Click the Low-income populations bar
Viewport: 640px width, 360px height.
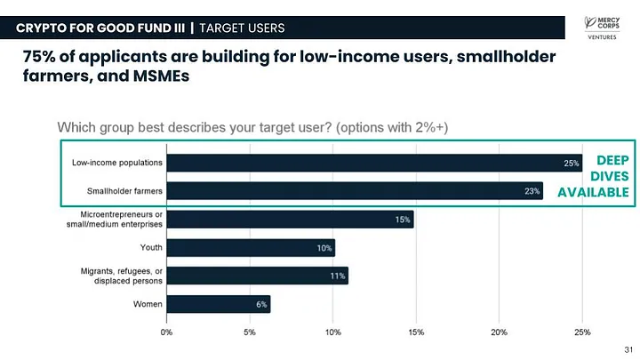[x=374, y=163]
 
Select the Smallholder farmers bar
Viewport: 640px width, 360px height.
[x=355, y=191]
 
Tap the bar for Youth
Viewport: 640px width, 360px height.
[x=251, y=248]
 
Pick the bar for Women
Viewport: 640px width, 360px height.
[x=219, y=304]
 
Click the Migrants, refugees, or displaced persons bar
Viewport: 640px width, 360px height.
[x=258, y=276]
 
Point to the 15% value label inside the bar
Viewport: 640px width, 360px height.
[x=403, y=220]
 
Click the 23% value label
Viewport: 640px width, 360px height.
[x=532, y=191]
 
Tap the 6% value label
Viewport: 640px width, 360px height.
[x=261, y=305]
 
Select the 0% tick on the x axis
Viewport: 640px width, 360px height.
[x=166, y=332]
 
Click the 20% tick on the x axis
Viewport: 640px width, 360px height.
[x=499, y=332]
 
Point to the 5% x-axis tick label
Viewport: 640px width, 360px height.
[x=250, y=332]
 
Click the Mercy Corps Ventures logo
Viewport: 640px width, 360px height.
[x=602, y=28]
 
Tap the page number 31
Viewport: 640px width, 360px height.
[x=628, y=350]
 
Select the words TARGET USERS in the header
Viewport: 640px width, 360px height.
[x=242, y=28]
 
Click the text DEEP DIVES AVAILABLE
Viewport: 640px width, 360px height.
[x=593, y=176]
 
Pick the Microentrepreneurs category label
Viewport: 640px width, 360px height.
[x=115, y=220]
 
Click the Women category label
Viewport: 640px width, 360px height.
[x=148, y=304]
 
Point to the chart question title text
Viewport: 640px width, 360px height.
[x=252, y=127]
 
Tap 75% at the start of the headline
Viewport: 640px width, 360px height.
[x=39, y=56]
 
